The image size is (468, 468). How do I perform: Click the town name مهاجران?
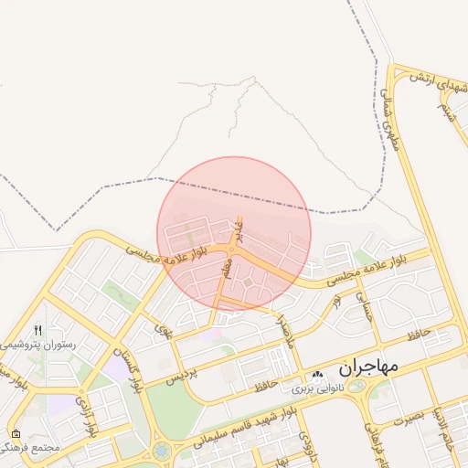click(x=369, y=368)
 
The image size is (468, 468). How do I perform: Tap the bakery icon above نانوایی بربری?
click(x=317, y=375)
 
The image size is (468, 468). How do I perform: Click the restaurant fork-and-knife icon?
click(x=37, y=330)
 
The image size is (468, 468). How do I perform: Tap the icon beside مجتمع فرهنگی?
click(x=16, y=433)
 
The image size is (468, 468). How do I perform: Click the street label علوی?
click(x=164, y=325)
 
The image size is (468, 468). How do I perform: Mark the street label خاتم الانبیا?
click(x=446, y=429)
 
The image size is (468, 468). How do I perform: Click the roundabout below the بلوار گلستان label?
click(x=161, y=452)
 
